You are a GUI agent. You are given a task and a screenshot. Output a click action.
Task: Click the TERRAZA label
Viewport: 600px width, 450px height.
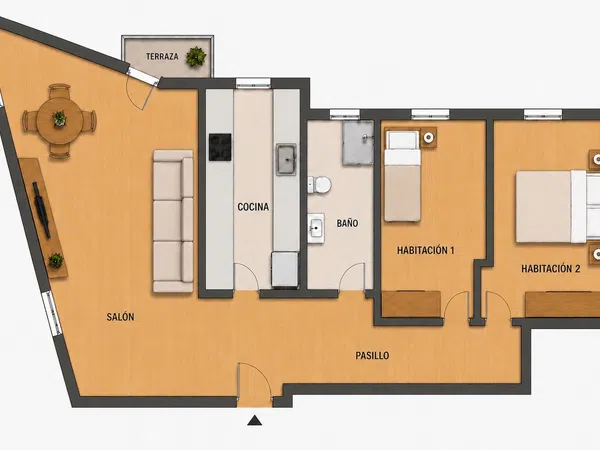click(162, 57)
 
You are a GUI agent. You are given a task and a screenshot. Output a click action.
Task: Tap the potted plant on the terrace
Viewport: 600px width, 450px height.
click(196, 57)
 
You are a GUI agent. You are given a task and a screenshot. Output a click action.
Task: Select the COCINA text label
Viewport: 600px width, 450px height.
click(253, 207)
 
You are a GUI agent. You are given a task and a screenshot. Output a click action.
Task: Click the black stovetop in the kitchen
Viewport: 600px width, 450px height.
click(220, 147)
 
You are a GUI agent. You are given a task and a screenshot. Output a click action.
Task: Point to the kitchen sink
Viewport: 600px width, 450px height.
click(286, 160)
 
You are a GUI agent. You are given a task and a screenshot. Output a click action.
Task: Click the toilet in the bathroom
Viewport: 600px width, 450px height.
click(320, 185)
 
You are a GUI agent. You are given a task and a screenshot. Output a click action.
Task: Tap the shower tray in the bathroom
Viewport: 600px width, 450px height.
click(358, 143)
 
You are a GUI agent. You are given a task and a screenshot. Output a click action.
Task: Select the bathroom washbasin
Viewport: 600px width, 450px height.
click(316, 228)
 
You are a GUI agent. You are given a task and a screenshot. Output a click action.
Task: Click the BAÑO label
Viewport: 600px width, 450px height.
click(347, 223)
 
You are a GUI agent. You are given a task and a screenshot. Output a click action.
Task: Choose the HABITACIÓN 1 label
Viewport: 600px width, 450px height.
click(426, 251)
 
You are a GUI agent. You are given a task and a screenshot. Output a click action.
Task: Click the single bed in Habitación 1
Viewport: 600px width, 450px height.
click(403, 176)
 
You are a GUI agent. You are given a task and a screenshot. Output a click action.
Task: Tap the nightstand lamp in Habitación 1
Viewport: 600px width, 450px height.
click(429, 137)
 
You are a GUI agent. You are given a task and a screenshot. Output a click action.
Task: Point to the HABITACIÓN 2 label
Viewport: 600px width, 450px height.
click(551, 269)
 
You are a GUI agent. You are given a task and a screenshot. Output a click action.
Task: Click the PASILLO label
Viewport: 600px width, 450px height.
click(372, 355)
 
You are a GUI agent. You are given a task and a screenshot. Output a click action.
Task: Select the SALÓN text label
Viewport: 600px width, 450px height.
click(121, 317)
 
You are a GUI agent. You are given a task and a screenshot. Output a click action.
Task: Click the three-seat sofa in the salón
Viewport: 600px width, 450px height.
click(173, 221)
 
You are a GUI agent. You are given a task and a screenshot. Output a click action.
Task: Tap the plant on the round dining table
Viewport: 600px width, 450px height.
click(59, 118)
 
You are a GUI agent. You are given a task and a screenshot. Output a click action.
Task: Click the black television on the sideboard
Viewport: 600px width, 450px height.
click(41, 210)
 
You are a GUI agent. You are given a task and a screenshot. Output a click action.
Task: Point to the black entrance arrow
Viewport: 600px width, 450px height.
click(254, 421)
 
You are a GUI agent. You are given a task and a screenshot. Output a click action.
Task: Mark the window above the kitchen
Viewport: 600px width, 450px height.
click(253, 83)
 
